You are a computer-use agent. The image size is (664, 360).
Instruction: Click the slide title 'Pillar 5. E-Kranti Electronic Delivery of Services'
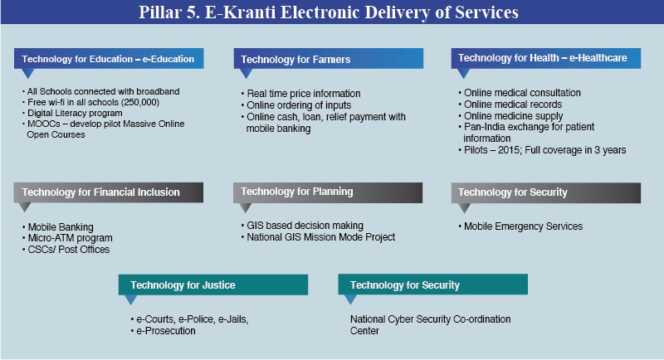(x=332, y=13)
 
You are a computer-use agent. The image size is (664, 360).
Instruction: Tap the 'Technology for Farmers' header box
(x=328, y=59)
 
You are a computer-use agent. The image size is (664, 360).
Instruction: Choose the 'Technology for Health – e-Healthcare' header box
(x=549, y=58)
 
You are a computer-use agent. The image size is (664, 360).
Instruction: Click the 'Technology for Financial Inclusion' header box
(x=108, y=192)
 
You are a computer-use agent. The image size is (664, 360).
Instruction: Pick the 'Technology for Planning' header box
(x=328, y=192)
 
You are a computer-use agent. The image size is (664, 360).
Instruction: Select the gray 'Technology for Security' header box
(x=549, y=192)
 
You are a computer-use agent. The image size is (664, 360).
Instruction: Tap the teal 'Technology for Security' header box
(x=432, y=285)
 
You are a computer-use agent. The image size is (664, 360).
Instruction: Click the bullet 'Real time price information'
(x=302, y=94)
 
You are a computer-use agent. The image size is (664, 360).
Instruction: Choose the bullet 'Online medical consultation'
(x=522, y=93)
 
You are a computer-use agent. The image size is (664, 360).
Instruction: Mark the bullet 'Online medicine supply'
(x=514, y=116)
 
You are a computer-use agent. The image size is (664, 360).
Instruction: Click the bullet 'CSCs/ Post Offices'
(x=68, y=250)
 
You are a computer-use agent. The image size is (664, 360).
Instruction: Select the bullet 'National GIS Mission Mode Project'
(x=320, y=236)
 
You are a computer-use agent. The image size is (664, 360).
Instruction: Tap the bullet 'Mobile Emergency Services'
(x=523, y=226)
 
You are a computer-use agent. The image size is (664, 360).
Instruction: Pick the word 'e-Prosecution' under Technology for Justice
(x=166, y=331)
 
